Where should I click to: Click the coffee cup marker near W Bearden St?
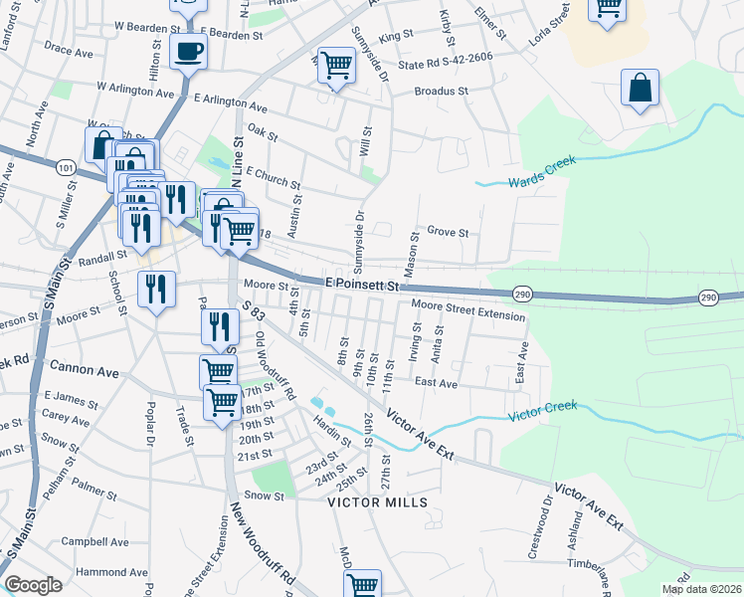(188, 52)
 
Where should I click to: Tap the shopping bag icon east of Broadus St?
(641, 88)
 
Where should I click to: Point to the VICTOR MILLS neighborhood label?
(378, 502)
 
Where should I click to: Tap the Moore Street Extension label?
(468, 315)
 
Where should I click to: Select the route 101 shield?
(66, 168)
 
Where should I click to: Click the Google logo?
(33, 585)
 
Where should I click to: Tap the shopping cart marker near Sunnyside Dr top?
(336, 66)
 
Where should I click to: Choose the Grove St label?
(448, 232)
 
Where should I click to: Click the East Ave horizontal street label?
(436, 382)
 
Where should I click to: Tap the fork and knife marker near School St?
(156, 290)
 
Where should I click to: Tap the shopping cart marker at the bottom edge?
(362, 585)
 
